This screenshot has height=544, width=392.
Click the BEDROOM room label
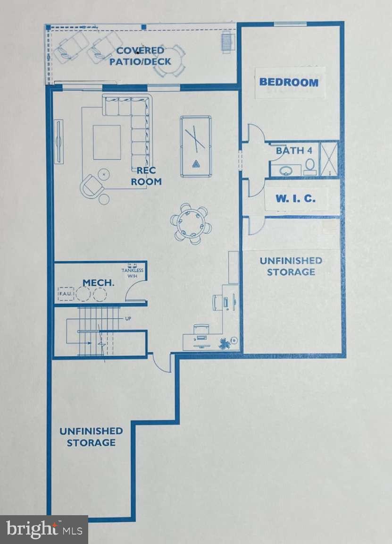coord(289,82)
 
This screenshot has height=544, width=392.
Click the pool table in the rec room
coord(195,147)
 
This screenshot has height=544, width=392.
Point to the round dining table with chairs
coord(191,224)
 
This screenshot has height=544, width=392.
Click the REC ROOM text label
coord(146,176)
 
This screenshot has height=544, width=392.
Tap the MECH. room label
coord(99,283)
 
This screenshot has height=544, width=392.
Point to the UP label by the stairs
coord(128,319)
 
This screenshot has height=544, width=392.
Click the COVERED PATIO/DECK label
coord(140,56)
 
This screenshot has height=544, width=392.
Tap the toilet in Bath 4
coord(310,166)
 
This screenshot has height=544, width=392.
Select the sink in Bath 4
coord(285,170)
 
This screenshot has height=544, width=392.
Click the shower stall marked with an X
coord(329,159)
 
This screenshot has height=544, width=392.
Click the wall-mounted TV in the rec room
coord(59,142)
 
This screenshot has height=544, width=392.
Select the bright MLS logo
coord(44,529)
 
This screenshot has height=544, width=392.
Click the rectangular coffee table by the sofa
coord(107,142)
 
